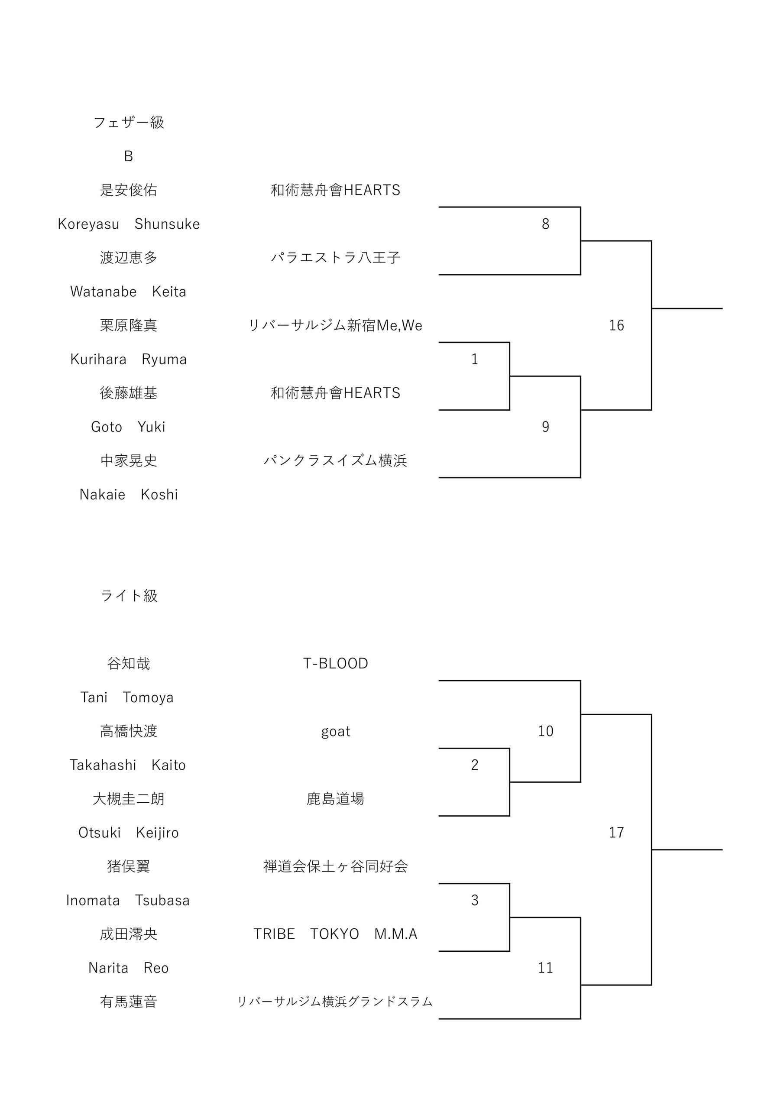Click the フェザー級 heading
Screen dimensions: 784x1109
pos(129,123)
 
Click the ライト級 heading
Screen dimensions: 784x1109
pos(129,596)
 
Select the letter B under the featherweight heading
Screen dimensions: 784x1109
pos(129,156)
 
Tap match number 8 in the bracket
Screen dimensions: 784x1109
pos(545,224)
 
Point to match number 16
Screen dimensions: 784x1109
pos(616,325)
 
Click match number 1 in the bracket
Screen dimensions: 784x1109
pos(474,359)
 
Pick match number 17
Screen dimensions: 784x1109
pos(616,832)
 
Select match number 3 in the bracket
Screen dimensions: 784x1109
pos(474,900)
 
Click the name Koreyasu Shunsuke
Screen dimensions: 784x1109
pos(129,224)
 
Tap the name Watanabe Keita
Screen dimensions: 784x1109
pos(129,291)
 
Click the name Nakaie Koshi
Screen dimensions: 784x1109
pos(129,494)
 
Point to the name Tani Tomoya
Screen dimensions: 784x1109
pos(127,697)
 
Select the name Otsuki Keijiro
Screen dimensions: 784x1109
pos(129,833)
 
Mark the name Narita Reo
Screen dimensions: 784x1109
pos(129,967)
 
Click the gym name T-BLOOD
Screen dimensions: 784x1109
pos(336,663)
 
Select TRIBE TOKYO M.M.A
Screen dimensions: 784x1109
pos(336,934)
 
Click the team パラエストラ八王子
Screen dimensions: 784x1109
pos(336,257)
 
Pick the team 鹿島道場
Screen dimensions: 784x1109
pos(336,799)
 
